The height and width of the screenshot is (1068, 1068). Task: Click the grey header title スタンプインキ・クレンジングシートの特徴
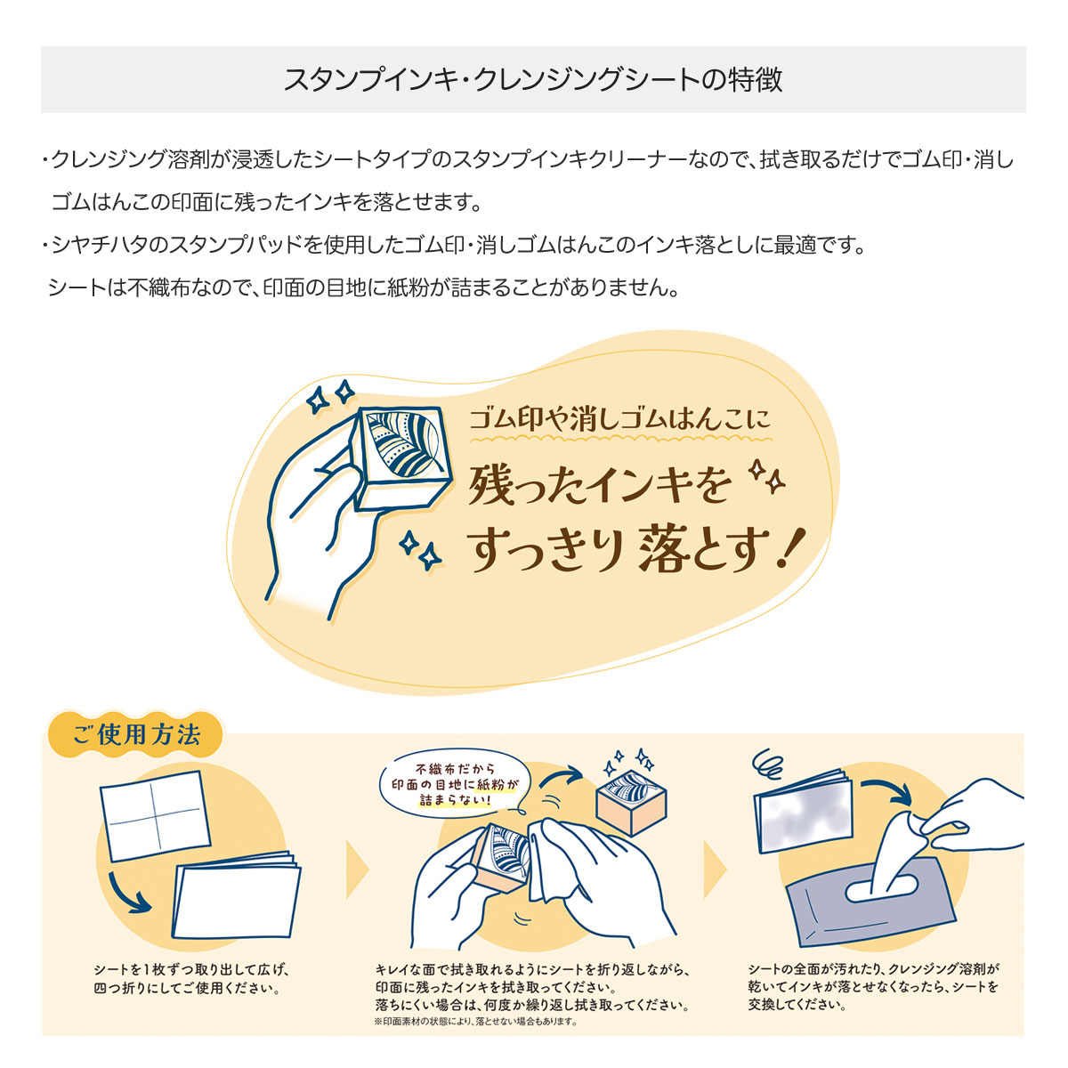pos(532,80)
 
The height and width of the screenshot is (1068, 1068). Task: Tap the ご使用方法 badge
pos(136,735)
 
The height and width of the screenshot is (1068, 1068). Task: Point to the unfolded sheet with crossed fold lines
pos(155,816)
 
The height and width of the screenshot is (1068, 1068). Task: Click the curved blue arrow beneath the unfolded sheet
pos(128,894)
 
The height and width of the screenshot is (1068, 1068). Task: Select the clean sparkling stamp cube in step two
pos(631,801)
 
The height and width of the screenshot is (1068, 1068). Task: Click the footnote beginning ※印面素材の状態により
pos(476,1022)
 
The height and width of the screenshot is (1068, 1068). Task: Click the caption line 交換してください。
pos(797,1005)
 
